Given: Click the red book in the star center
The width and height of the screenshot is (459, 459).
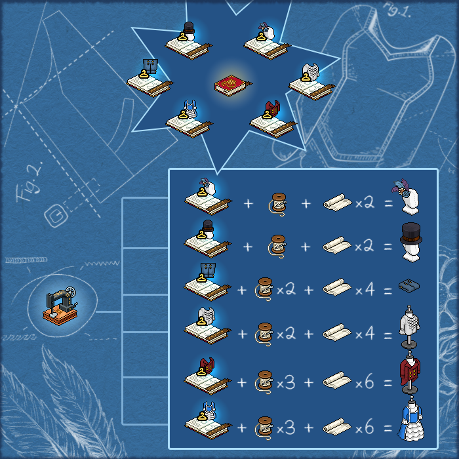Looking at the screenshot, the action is pyautogui.click(x=233, y=85).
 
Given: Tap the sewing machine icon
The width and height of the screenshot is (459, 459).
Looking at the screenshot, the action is pyautogui.click(x=60, y=306).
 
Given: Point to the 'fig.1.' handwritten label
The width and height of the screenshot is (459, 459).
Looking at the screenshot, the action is pyautogui.click(x=397, y=10).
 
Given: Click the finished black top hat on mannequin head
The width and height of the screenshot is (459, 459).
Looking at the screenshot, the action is pyautogui.click(x=411, y=242).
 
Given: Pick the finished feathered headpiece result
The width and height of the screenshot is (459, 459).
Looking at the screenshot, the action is pyautogui.click(x=407, y=197).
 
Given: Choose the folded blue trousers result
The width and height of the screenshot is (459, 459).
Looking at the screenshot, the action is pyautogui.click(x=409, y=285).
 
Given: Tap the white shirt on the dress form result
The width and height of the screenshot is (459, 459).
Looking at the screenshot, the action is pyautogui.click(x=409, y=327).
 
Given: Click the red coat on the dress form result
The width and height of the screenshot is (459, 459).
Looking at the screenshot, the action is pyautogui.click(x=410, y=372).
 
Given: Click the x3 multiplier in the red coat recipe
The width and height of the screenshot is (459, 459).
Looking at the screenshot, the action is pyautogui.click(x=286, y=382).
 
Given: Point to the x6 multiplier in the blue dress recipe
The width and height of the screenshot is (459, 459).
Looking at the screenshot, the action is pyautogui.click(x=365, y=428).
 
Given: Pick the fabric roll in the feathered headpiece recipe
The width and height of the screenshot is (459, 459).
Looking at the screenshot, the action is pyautogui.click(x=338, y=202).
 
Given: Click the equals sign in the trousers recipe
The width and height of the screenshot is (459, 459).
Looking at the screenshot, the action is pyautogui.click(x=388, y=290).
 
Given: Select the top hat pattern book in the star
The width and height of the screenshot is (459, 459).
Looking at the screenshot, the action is pyautogui.click(x=189, y=42).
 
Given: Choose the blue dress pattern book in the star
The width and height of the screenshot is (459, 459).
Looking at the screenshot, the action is pyautogui.click(x=190, y=119).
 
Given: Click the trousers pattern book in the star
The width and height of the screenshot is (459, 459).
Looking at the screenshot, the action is pyautogui.click(x=150, y=79).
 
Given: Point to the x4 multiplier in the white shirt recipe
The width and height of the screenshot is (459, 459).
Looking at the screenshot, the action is pyautogui.click(x=365, y=333).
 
